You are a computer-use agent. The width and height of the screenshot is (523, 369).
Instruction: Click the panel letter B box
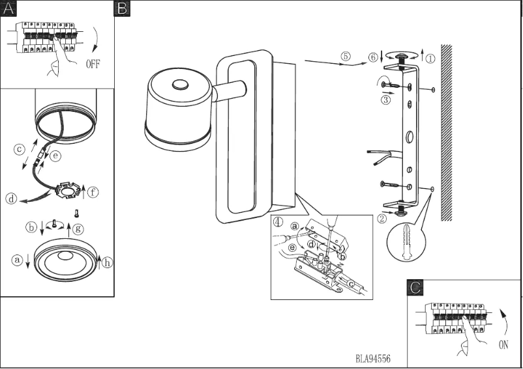pos(122,8)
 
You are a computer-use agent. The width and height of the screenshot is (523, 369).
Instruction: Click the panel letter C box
pos(415,287)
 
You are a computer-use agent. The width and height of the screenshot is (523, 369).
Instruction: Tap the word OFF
pos(95,64)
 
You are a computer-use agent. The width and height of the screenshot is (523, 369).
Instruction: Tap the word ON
pos(503,345)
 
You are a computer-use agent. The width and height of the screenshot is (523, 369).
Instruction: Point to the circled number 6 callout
pos(372,57)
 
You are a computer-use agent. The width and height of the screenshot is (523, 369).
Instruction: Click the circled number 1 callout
pos(430,57)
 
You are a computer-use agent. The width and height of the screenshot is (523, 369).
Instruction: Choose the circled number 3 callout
pos(386,100)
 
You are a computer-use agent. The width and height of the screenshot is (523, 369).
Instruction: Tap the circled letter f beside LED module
pos(95,192)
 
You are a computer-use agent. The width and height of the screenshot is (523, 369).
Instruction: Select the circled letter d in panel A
pos(11,199)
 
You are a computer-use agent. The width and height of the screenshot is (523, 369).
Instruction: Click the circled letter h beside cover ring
pos(108,263)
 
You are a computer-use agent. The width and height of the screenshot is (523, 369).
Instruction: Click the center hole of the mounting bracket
pos(409,137)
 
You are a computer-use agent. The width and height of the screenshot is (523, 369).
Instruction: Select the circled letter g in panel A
pos(78,228)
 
